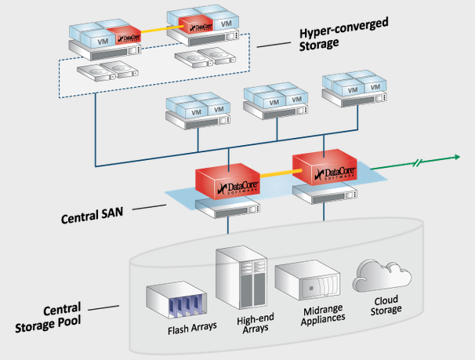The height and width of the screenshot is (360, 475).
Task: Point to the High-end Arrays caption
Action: [252, 324]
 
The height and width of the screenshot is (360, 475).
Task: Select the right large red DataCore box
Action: [328, 169]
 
